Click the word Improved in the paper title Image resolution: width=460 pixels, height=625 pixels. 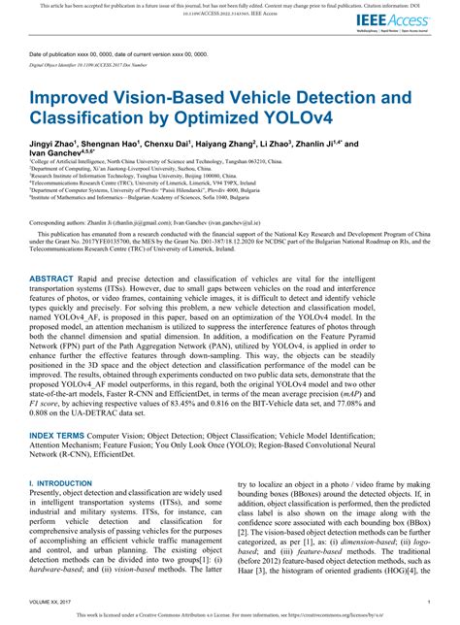pyautogui.click(x=76, y=98)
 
